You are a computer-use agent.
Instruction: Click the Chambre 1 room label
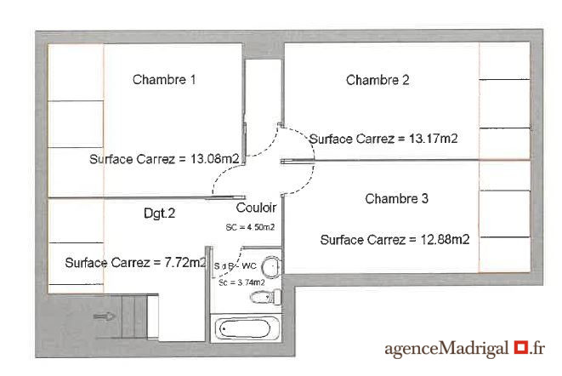click(x=164, y=79)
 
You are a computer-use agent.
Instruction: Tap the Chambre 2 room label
click(x=378, y=80)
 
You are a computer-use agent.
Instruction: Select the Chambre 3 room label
click(x=396, y=198)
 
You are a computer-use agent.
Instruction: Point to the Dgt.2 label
click(x=159, y=214)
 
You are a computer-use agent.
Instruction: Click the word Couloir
click(x=256, y=208)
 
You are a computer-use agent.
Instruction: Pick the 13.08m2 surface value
click(x=215, y=158)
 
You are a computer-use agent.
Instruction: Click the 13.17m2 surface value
click(x=434, y=139)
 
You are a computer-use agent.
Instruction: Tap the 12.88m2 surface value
click(x=445, y=239)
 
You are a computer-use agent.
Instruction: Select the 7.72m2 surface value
click(x=185, y=262)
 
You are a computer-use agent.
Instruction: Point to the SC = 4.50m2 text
click(x=250, y=227)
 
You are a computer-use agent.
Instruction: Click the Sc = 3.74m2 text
click(x=241, y=282)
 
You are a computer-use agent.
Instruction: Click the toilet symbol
click(x=265, y=297)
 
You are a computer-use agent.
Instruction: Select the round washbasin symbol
click(x=271, y=267)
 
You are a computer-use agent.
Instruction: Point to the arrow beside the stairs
click(x=104, y=316)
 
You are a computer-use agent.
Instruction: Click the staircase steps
click(x=134, y=316)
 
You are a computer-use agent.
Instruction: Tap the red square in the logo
click(x=521, y=347)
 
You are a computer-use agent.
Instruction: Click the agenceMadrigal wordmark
click(x=446, y=349)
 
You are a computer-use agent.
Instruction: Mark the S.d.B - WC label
click(x=236, y=266)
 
